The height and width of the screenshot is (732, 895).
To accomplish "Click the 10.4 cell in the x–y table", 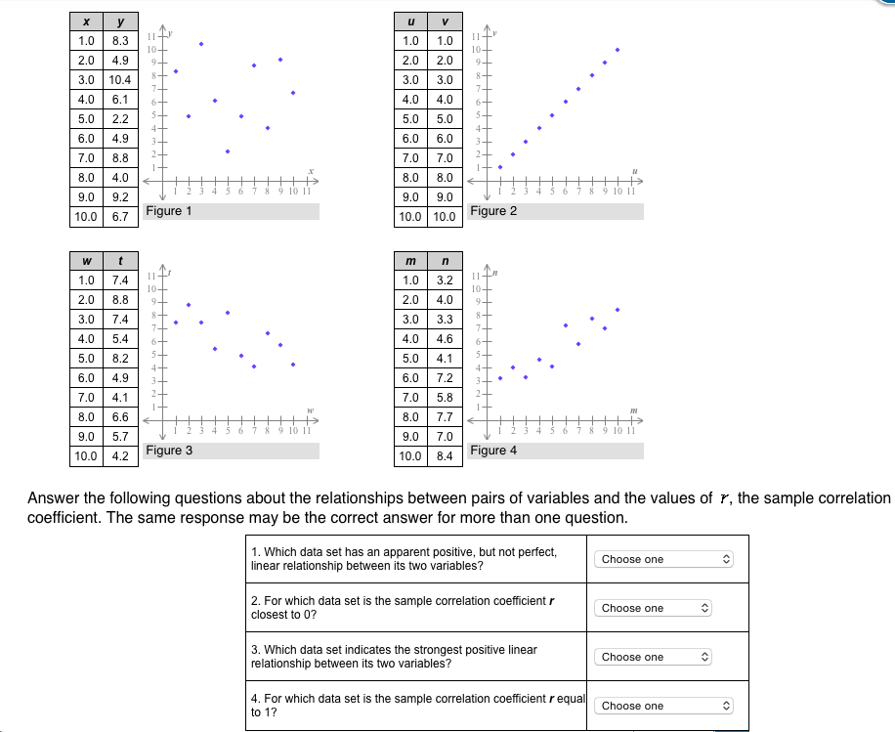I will pyautogui.click(x=121, y=79).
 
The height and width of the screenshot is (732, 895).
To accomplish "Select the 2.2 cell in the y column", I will pyautogui.click(x=121, y=118).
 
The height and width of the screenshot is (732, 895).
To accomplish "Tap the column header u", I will pyautogui.click(x=409, y=21).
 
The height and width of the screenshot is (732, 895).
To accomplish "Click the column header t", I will pyautogui.click(x=121, y=260).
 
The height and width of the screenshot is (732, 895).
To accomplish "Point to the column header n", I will pyautogui.click(x=445, y=260).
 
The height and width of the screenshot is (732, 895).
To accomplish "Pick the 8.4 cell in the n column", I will pyautogui.click(x=445, y=455).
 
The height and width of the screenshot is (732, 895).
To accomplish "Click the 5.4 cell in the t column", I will pyautogui.click(x=121, y=338).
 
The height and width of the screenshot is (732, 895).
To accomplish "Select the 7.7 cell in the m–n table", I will pyautogui.click(x=445, y=416).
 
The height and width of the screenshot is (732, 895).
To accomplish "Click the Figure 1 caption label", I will pyautogui.click(x=169, y=211).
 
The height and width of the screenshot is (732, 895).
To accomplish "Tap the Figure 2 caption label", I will pyautogui.click(x=493, y=211).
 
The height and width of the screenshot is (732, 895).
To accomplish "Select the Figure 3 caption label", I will pyautogui.click(x=169, y=451).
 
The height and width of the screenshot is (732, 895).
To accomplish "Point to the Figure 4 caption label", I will pyautogui.click(x=493, y=451).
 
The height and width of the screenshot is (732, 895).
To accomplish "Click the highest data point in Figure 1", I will pyautogui.click(x=201, y=43).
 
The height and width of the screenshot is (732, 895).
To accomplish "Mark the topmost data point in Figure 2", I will pyautogui.click(x=618, y=49).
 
